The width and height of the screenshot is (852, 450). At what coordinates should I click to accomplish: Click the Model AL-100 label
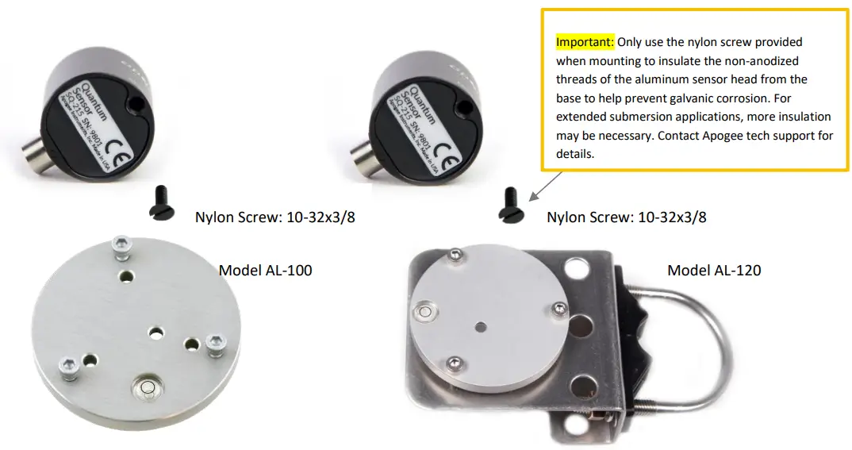[x=265, y=271]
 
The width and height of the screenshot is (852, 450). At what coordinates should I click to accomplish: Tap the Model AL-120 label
[x=714, y=271]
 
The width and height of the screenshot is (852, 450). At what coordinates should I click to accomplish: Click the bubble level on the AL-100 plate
[x=148, y=387]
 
